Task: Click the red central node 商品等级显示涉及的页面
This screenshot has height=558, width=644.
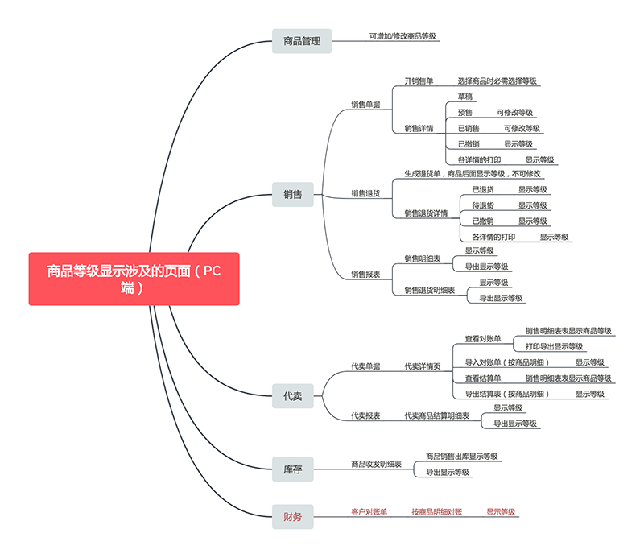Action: tap(134, 279)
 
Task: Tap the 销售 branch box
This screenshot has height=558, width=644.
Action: tap(293, 194)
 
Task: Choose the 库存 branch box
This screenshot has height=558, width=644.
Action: tap(293, 469)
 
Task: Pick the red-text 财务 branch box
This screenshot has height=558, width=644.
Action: tap(293, 516)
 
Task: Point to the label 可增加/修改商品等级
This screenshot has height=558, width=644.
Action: tap(403, 36)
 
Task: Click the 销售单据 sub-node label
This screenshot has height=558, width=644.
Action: tap(365, 105)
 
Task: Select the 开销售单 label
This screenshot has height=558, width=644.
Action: tap(419, 81)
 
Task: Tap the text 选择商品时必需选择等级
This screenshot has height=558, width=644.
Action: tap(497, 81)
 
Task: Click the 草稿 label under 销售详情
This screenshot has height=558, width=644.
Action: tap(465, 97)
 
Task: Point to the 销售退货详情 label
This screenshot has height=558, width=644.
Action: tap(426, 213)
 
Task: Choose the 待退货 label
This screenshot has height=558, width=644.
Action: tap(483, 205)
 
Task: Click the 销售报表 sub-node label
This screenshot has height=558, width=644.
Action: tap(365, 275)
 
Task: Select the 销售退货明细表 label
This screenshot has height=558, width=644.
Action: tap(429, 290)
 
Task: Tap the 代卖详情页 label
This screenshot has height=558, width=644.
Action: tap(422, 366)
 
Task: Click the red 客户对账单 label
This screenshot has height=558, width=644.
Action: tap(369, 511)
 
